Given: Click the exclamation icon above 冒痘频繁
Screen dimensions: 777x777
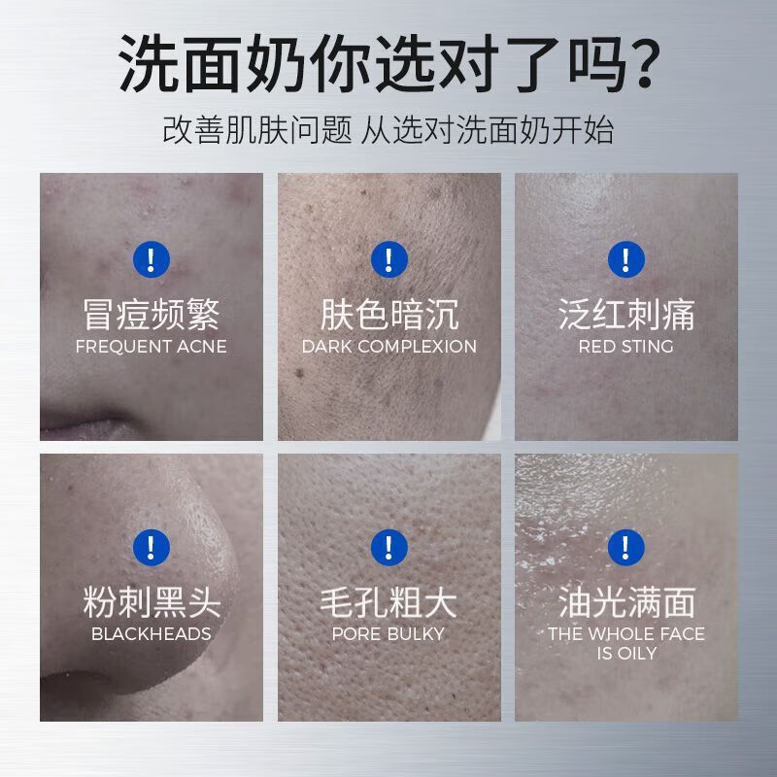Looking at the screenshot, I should tap(151, 258).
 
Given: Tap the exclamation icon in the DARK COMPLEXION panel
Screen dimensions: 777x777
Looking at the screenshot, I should tap(388, 258).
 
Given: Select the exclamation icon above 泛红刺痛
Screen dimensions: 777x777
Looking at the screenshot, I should tap(626, 258).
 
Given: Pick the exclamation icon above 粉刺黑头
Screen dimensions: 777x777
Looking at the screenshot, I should tap(151, 546).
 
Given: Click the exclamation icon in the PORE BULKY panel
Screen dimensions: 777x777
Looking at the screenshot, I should tap(388, 546).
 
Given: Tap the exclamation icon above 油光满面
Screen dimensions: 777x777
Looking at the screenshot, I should tap(626, 546).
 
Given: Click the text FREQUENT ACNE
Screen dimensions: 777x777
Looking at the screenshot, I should tap(151, 347).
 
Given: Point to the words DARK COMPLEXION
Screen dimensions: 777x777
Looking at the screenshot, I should tap(388, 347).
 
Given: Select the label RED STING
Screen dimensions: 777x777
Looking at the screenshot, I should tap(626, 347).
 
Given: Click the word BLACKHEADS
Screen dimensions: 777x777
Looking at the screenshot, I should tap(151, 634).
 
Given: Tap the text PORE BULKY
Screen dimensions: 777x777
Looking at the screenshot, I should tap(388, 634).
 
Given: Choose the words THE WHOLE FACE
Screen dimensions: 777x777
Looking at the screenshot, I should tap(626, 634).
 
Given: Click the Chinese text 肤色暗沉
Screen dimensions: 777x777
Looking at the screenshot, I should tap(388, 315).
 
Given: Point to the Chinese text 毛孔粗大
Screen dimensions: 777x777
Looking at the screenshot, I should tap(388, 602).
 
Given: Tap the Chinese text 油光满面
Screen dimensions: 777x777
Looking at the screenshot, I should tap(626, 602).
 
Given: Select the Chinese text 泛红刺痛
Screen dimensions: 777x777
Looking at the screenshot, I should tap(626, 315).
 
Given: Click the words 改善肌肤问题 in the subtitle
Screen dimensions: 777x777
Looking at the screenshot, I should tap(256, 130).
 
